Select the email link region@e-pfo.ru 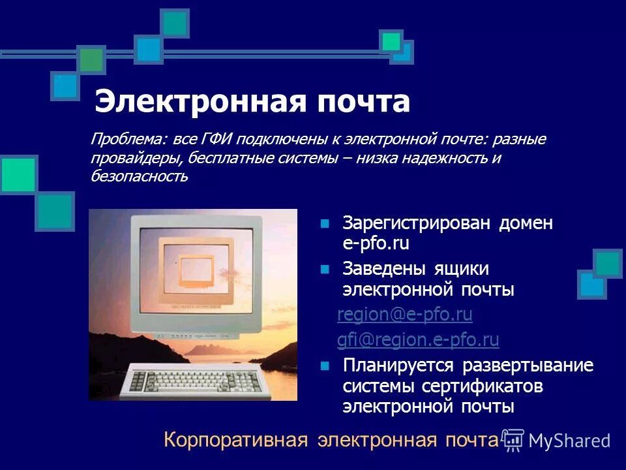[404, 315]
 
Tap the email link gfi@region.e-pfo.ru [417, 339]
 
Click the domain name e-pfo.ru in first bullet [376, 244]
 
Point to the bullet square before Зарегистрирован [325, 224]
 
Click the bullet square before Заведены [325, 270]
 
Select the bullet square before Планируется [325, 366]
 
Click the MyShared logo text [569, 441]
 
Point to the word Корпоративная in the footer [235, 440]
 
